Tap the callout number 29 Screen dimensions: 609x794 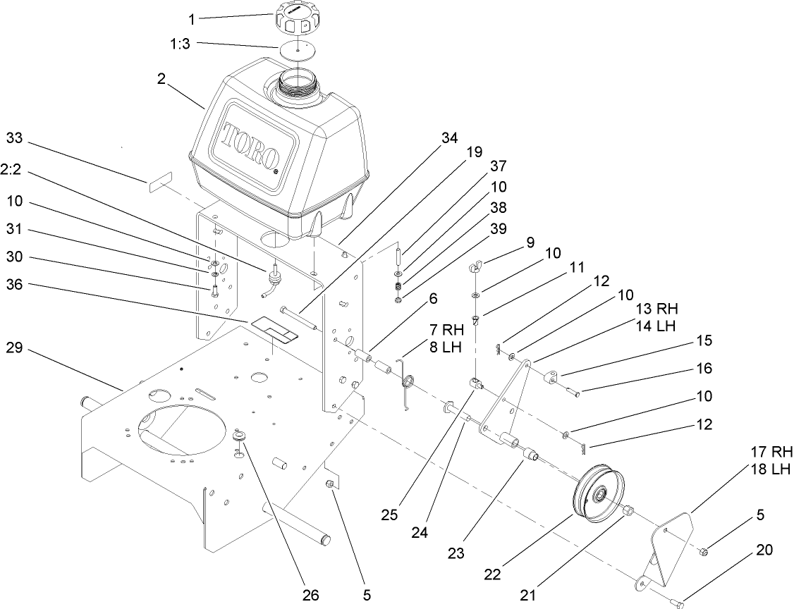pos(15,347)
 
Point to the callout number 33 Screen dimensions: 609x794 pos(15,138)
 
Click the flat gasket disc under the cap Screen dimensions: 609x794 pos(299,52)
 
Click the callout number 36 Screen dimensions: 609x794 pos(15,285)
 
